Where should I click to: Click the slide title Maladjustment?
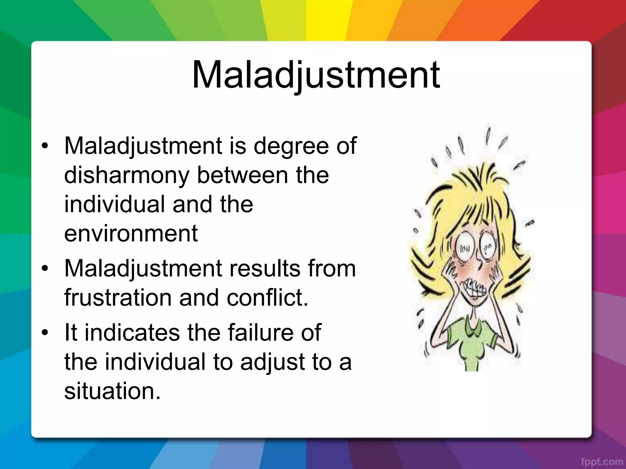click(x=316, y=75)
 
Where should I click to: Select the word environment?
click(x=131, y=234)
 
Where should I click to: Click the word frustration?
click(x=118, y=298)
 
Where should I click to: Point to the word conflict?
click(x=267, y=298)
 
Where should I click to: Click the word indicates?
click(x=132, y=332)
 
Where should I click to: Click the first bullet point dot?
click(x=45, y=146)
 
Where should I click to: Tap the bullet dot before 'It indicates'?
click(x=45, y=333)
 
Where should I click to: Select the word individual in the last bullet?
click(x=155, y=362)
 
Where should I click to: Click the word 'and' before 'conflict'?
click(x=199, y=298)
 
